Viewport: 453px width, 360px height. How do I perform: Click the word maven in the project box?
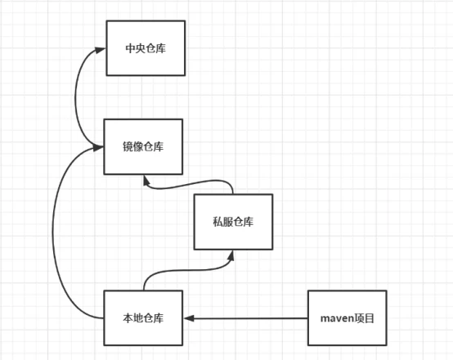(337, 318)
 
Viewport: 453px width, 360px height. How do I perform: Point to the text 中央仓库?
(146, 48)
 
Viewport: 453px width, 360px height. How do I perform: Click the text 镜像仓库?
(143, 146)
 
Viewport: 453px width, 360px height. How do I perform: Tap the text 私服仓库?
(233, 222)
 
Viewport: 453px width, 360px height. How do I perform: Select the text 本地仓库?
(143, 318)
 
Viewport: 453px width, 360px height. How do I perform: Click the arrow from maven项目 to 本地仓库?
(245, 318)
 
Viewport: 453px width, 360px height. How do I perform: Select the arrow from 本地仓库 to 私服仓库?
(188, 270)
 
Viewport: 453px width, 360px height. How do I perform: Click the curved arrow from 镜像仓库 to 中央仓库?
(75, 97)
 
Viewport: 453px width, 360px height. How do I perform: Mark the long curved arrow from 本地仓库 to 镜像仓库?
(53, 232)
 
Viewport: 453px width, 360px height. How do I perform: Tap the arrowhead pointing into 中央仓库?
(101, 50)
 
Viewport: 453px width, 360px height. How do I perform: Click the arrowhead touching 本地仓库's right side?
(189, 318)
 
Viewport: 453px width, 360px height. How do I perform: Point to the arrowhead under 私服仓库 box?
(231, 255)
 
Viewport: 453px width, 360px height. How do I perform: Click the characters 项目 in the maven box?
(364, 318)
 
